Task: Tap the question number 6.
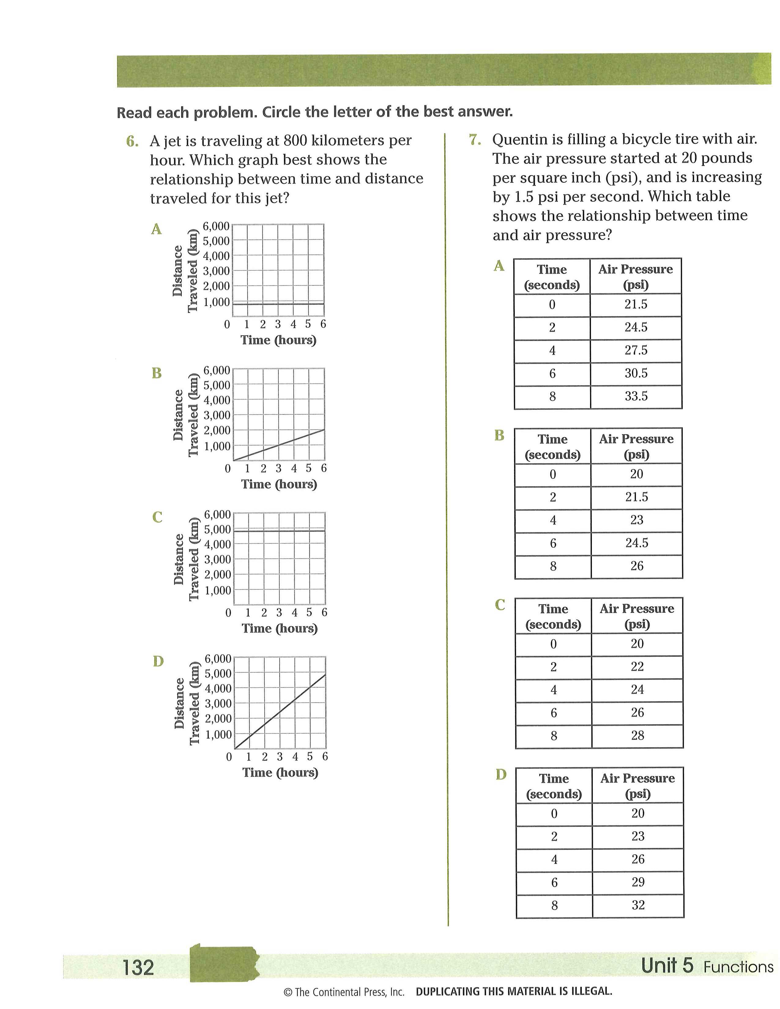[x=132, y=141]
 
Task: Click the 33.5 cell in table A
[x=636, y=396]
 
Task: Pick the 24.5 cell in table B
[x=637, y=543]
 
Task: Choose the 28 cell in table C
[x=637, y=735]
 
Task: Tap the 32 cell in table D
[x=638, y=905]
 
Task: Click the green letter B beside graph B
[x=157, y=373]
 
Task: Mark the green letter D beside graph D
[x=158, y=662]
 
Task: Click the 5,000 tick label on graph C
[x=217, y=530]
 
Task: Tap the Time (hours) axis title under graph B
[x=279, y=484]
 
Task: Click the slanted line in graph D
[x=280, y=711]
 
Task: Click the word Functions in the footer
[x=738, y=967]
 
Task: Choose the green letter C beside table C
[x=500, y=605]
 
